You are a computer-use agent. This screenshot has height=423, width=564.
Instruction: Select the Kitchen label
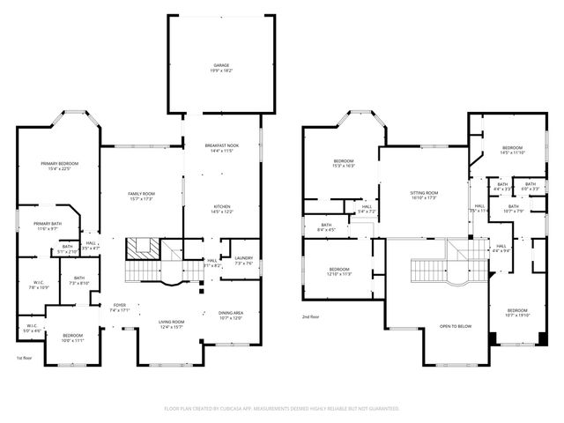pyautogui.click(x=220, y=210)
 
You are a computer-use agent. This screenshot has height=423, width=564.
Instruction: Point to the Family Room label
pyautogui.click(x=141, y=196)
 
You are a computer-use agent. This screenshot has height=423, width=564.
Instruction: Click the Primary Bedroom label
pyautogui.click(x=59, y=167)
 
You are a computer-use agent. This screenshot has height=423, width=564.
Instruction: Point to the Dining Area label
pyautogui.click(x=230, y=315)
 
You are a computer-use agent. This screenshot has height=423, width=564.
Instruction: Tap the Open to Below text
pyautogui.click(x=456, y=326)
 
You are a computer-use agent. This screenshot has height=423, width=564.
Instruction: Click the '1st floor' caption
pyautogui.click(x=24, y=359)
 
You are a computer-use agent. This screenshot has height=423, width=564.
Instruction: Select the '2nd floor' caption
pyautogui.click(x=310, y=316)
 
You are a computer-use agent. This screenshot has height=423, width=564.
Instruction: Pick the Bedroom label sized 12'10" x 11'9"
pyautogui.click(x=340, y=271)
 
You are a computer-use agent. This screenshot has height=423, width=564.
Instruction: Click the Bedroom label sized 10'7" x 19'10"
pyautogui.click(x=517, y=313)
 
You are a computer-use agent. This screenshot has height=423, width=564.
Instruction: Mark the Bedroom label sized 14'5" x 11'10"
pyautogui.click(x=512, y=150)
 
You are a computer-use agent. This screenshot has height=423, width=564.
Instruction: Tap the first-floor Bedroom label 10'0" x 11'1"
pyautogui.click(x=72, y=338)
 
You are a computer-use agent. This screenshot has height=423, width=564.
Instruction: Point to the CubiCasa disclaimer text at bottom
pyautogui.click(x=282, y=409)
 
